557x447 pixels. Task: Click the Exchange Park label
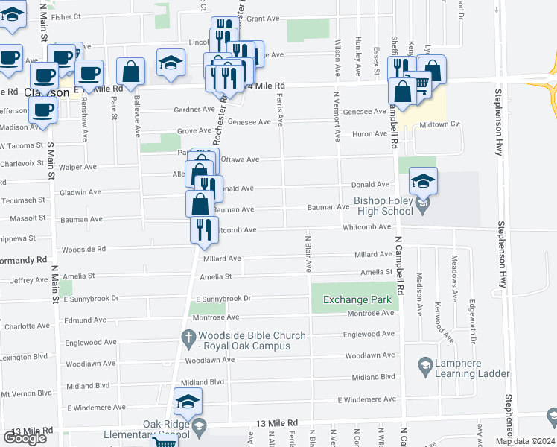(x=356, y=300)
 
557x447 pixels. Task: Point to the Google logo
(x=25, y=438)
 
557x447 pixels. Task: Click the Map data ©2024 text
(x=524, y=441)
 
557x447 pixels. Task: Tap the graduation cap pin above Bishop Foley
(x=423, y=180)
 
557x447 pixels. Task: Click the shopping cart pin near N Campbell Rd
(x=421, y=86)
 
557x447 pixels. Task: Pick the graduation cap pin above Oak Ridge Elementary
(x=188, y=401)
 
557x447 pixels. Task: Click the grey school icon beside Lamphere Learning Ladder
(x=425, y=366)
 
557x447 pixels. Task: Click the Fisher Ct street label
(x=66, y=16)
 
